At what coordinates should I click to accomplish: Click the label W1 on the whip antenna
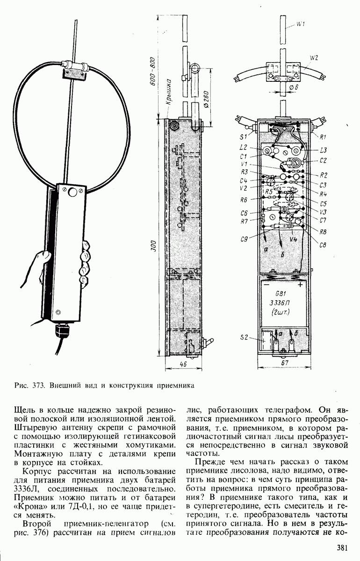pyautogui.click(x=301, y=25)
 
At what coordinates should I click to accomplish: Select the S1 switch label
pyautogui.click(x=243, y=137)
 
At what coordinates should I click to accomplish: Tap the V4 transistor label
pyautogui.click(x=294, y=239)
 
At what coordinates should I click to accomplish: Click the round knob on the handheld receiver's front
pyautogui.click(x=72, y=192)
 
